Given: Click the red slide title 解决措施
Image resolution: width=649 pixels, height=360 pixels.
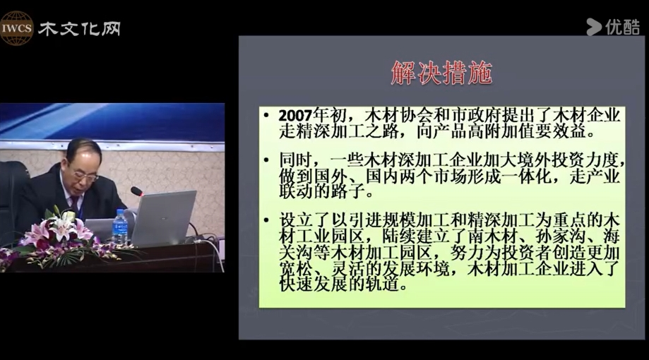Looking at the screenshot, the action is (x=441, y=73).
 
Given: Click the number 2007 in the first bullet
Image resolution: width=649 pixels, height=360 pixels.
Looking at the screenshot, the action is (x=295, y=116).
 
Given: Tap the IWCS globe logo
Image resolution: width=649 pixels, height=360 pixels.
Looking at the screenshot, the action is (x=16, y=28).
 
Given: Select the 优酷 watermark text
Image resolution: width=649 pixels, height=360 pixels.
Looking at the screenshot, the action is (x=623, y=28).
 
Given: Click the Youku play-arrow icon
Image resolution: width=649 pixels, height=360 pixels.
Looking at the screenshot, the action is (x=593, y=28).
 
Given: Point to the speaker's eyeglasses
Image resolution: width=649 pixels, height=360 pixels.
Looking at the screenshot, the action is (x=86, y=176).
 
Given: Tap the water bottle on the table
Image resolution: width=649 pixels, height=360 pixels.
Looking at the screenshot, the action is (x=120, y=227).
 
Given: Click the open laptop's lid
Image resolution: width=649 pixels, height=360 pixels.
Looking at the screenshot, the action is (x=165, y=217).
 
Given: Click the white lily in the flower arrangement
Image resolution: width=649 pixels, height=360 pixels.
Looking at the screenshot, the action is (x=62, y=227).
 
